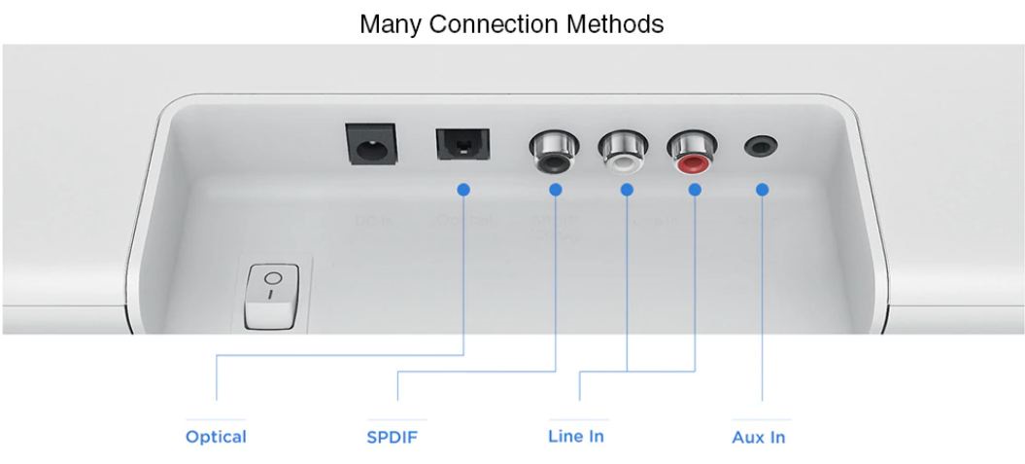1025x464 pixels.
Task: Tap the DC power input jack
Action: pyautogui.click(x=370, y=147)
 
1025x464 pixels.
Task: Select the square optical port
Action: pyautogui.click(x=462, y=144)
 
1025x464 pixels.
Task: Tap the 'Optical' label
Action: pyautogui.click(x=216, y=437)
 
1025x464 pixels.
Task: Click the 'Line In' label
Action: pyautogui.click(x=576, y=436)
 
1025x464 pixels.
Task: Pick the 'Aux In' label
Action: pyautogui.click(x=758, y=437)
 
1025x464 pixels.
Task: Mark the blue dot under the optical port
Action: pyautogui.click(x=463, y=189)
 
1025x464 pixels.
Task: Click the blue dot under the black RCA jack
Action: pyautogui.click(x=555, y=189)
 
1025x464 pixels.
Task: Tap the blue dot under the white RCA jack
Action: pyautogui.click(x=627, y=189)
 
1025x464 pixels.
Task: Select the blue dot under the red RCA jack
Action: pyautogui.click(x=695, y=189)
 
